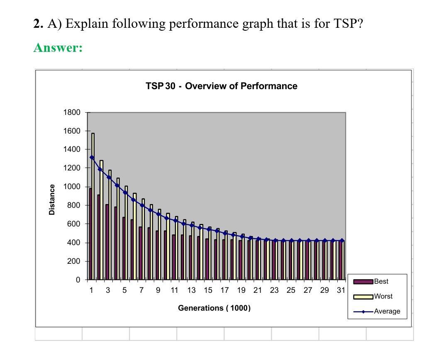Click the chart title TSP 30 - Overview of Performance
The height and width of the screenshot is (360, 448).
point(222,86)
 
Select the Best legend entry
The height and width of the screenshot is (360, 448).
point(381,282)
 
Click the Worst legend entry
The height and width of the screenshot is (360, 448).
point(383,297)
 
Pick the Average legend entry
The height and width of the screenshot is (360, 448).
point(387,311)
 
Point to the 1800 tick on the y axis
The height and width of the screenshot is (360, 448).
point(71,112)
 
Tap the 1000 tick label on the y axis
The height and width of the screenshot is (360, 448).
point(71,187)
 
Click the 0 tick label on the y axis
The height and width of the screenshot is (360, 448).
point(78,280)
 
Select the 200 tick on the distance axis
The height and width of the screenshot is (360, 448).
point(73,261)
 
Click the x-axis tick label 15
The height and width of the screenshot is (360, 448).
point(208,290)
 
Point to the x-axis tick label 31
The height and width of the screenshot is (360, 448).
point(341,290)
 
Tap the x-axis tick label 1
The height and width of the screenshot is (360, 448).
point(91,290)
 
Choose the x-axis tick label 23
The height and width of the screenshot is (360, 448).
point(274,290)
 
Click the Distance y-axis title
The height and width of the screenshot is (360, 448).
point(52,199)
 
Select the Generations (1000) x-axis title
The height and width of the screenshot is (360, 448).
point(214,308)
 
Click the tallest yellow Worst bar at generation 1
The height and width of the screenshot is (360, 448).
point(93,207)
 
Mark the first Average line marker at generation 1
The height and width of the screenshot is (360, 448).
point(92,158)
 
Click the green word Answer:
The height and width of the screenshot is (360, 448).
point(58,48)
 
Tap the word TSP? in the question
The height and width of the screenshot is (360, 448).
point(348,24)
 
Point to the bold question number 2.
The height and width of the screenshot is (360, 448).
point(38,24)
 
